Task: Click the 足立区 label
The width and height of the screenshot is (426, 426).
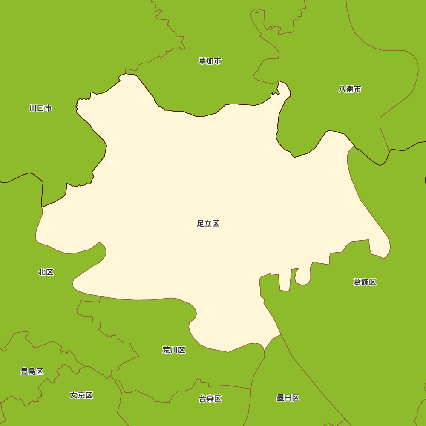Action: (x=208, y=224)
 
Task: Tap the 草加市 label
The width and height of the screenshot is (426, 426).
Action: (x=210, y=61)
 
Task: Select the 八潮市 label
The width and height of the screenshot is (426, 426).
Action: (x=350, y=89)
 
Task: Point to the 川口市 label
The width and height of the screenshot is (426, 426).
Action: (x=40, y=108)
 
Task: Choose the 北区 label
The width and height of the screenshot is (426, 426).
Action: (x=46, y=272)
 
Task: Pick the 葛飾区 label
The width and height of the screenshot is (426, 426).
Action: (x=365, y=282)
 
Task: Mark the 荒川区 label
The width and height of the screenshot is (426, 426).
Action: (x=174, y=350)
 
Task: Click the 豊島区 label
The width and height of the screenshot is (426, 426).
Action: (x=32, y=371)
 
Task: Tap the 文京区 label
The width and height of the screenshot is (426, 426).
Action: (x=81, y=395)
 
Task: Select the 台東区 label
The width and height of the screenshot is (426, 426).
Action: (x=210, y=399)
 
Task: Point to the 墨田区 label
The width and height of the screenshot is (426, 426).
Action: (x=288, y=398)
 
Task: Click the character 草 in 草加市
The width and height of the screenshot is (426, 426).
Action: (x=202, y=61)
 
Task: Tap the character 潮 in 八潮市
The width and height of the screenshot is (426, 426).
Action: (x=350, y=89)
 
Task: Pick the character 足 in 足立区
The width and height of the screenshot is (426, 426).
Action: (x=201, y=224)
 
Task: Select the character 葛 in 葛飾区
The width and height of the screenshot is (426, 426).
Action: (x=357, y=282)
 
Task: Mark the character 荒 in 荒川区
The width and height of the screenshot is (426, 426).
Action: (x=167, y=350)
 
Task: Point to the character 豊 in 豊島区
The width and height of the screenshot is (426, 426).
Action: (x=25, y=371)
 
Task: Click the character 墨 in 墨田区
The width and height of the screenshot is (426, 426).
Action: (x=281, y=398)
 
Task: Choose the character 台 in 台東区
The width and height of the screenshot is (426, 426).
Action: (x=203, y=399)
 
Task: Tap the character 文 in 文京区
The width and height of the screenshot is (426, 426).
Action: (x=74, y=395)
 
